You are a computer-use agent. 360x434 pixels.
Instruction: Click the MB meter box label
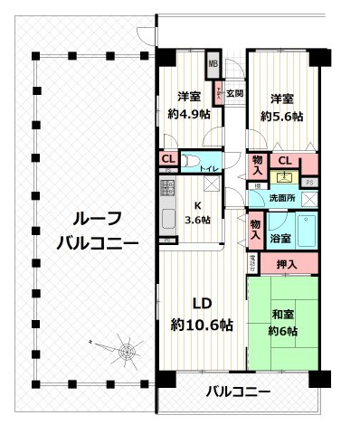point(214,63)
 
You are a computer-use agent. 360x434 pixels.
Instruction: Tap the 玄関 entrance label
point(234,92)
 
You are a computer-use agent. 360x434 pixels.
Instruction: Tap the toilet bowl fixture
point(192,164)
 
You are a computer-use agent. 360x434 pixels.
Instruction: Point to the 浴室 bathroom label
point(280,238)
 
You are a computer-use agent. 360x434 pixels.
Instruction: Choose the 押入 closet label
point(284,264)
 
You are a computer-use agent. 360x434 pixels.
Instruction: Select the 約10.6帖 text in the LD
point(203,325)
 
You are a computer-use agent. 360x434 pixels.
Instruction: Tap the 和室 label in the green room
point(282,315)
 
